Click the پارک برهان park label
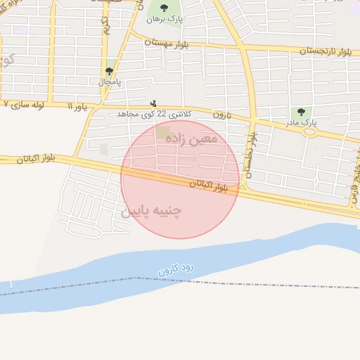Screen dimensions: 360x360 pos(165,20)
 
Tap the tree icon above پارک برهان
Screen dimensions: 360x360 pos(165,8)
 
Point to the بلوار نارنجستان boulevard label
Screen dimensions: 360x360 pos(325,51)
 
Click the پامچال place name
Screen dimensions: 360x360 pos(110,82)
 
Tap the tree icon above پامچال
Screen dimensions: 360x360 pos(110,71)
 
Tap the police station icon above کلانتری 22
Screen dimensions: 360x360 pos(154,103)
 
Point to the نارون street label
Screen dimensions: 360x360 pos(223,115)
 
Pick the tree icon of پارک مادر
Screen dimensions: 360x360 pos(302,112)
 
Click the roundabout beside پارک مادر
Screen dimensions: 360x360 pos(309,131)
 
